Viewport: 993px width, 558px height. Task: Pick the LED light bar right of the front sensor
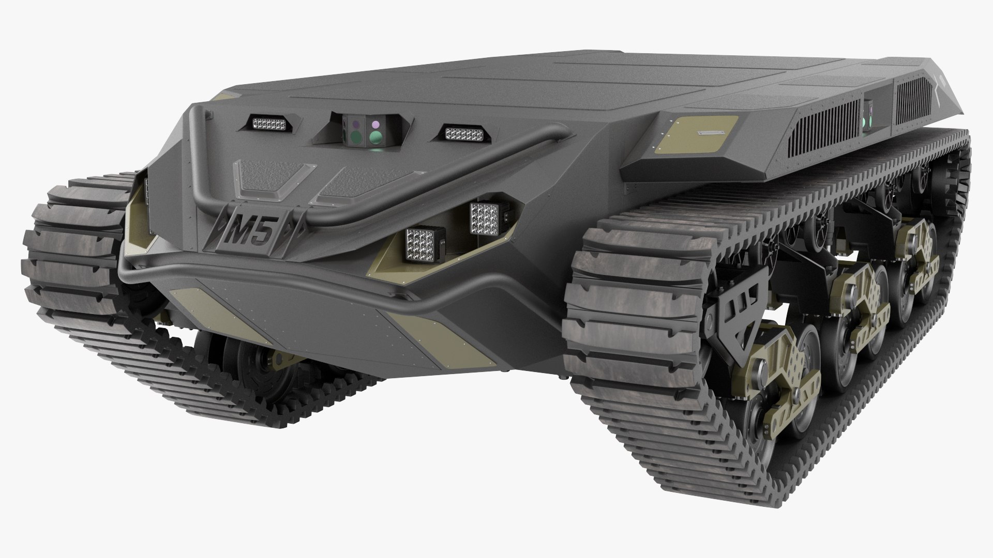(464, 134)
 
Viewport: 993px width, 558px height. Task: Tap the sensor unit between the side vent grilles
(869, 112)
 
